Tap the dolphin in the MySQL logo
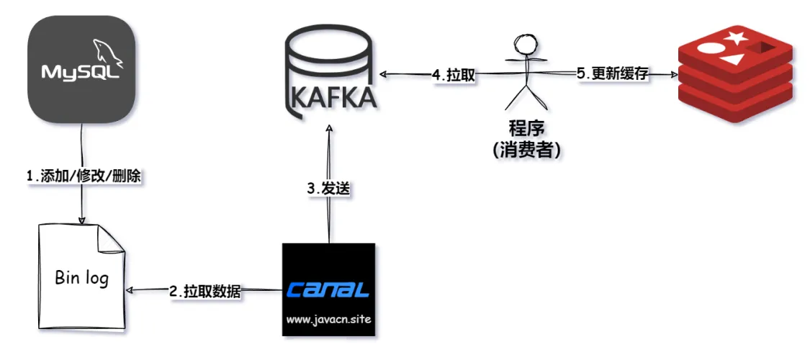[x=107, y=53]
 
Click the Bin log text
[x=81, y=278]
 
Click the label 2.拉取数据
[x=205, y=292]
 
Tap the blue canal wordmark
[x=328, y=289]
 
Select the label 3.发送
[x=328, y=189]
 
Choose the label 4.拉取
[x=453, y=75]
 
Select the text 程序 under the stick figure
[x=526, y=128]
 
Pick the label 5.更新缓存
[x=612, y=74]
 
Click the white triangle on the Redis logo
[x=732, y=59]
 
